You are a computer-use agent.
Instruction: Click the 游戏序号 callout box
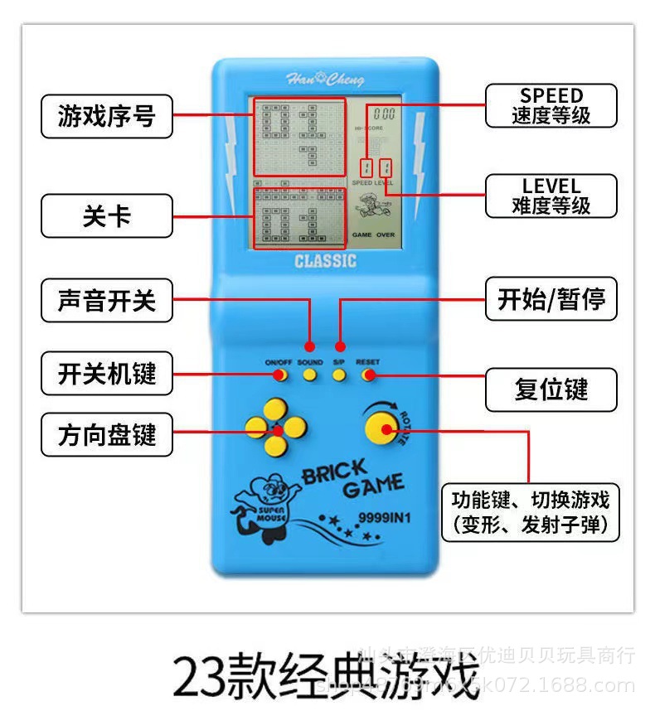(106, 116)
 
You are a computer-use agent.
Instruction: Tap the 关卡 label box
(106, 215)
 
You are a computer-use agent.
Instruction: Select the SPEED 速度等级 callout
(551, 106)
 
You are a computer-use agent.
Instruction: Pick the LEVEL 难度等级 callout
(551, 196)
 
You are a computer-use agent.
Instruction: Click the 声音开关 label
(106, 300)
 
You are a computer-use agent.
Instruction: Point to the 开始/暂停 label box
(551, 299)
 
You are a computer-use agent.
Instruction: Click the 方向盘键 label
(106, 434)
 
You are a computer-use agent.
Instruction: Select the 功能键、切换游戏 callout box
(530, 512)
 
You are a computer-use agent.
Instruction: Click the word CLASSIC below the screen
(325, 262)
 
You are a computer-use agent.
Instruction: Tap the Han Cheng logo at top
(325, 80)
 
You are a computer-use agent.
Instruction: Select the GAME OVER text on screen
(374, 235)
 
